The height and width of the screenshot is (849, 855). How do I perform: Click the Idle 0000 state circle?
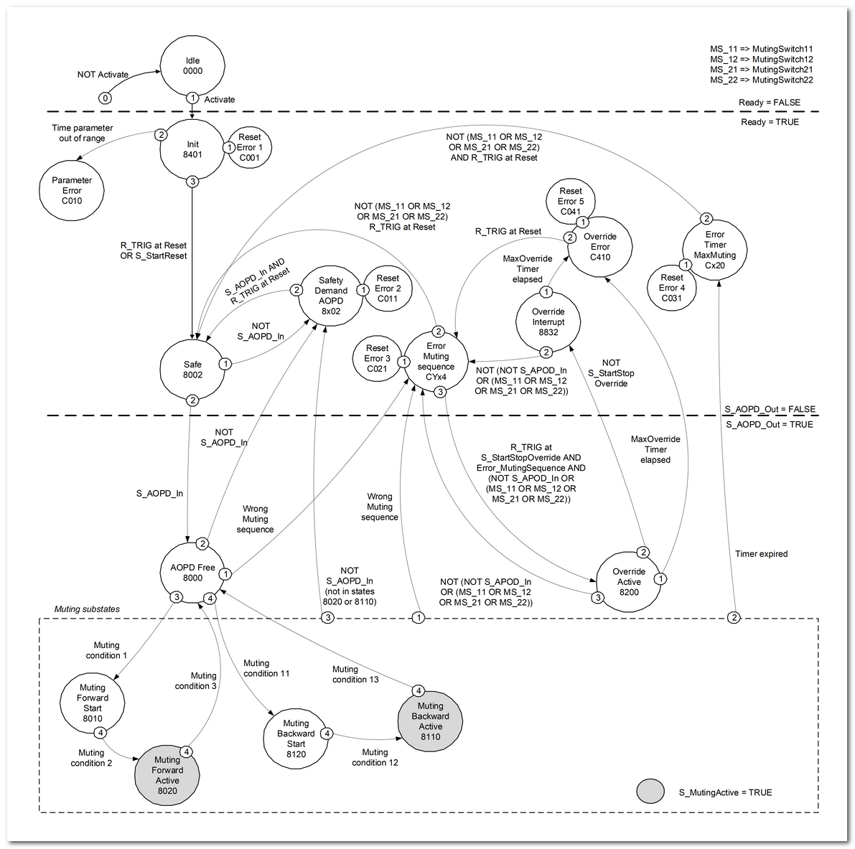pos(192,66)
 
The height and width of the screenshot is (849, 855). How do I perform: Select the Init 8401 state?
pos(192,149)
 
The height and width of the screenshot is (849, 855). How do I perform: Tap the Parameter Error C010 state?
pos(72,190)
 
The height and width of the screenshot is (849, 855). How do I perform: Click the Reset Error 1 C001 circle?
pos(249,147)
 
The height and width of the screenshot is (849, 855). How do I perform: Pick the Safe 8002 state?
pos(192,369)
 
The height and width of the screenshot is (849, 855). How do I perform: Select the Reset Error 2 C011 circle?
pos(388,289)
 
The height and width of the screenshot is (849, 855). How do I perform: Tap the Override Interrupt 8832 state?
pos(548,322)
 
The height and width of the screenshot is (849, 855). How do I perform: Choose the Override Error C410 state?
pos(599,246)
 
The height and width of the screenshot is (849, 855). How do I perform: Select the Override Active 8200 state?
pos(629,581)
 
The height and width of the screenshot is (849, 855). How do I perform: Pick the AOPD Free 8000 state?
pos(192,572)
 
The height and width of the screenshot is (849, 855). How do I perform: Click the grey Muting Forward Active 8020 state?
pos(167,775)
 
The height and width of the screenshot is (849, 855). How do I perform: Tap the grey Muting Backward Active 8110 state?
pos(430,721)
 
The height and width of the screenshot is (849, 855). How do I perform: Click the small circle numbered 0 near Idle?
pos(105,98)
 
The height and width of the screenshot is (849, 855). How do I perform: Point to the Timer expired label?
pos(761,554)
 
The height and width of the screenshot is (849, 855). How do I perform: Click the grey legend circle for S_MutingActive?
pos(650,792)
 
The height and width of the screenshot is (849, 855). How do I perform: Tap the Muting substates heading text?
pos(87,609)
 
